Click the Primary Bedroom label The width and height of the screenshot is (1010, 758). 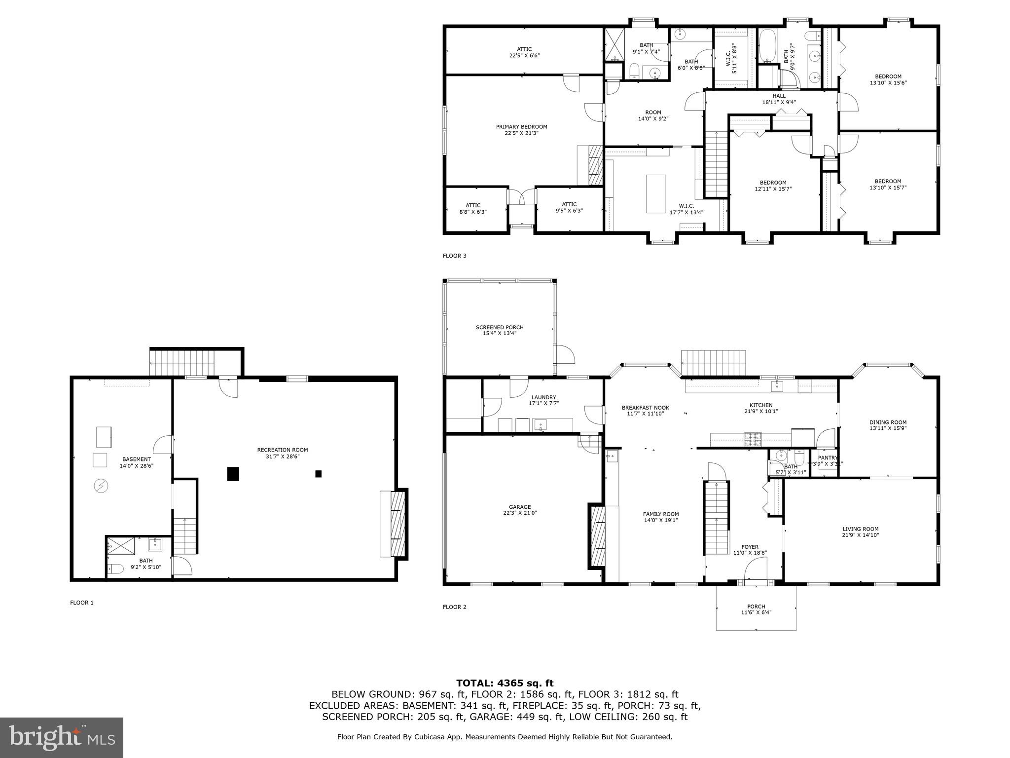(521, 130)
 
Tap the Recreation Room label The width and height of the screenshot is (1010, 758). (282, 453)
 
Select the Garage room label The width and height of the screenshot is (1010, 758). (520, 510)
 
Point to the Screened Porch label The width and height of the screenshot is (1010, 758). (500, 330)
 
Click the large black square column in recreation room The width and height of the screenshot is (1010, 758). (233, 474)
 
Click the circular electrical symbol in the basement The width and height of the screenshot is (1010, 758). (101, 487)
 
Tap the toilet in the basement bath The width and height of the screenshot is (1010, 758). (115, 569)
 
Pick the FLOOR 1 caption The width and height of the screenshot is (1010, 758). (82, 603)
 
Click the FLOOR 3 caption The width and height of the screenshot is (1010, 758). (454, 256)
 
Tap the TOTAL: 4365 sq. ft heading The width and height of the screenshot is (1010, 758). (505, 683)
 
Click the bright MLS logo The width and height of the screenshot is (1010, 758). (62, 738)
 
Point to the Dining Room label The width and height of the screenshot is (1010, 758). (888, 425)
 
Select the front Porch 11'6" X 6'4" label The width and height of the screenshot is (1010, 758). (756, 609)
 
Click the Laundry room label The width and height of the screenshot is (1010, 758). (544, 400)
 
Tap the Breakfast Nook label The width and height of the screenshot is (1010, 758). (645, 411)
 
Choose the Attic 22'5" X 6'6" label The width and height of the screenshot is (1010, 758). (524, 52)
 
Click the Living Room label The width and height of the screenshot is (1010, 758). (861, 532)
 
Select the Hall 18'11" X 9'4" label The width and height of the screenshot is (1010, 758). (779, 99)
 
